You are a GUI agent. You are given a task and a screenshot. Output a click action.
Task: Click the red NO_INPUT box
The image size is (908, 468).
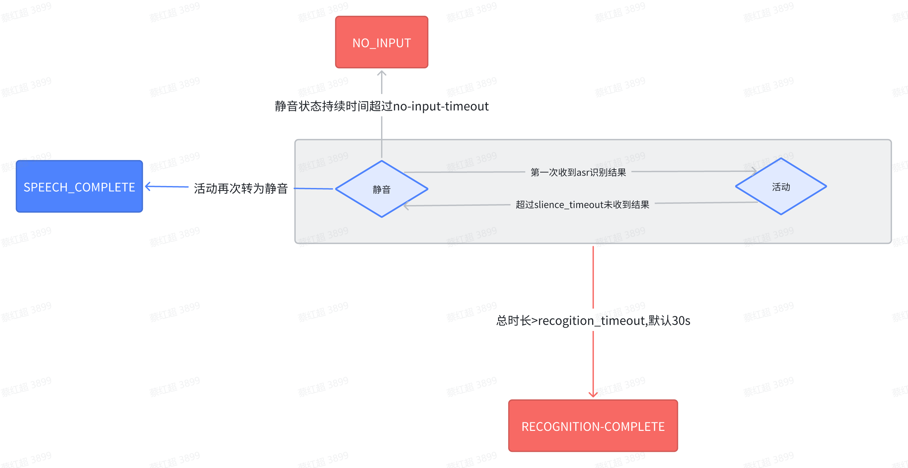(381, 42)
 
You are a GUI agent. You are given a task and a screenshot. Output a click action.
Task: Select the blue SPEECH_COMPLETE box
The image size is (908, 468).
(79, 186)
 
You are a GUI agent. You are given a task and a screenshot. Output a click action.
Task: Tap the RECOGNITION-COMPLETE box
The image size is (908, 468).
(593, 426)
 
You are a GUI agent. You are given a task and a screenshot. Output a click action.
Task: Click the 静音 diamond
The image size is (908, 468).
(381, 189)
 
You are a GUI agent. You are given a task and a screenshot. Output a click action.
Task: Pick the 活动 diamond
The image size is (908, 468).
(781, 186)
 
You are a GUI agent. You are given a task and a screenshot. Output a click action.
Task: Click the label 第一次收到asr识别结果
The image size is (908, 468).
(578, 172)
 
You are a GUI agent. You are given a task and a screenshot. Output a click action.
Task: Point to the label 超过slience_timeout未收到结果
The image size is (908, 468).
(582, 204)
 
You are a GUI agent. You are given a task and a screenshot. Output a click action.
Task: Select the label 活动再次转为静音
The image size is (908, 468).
(241, 188)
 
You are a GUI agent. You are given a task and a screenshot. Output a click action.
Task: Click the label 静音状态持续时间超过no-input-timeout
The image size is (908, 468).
(381, 106)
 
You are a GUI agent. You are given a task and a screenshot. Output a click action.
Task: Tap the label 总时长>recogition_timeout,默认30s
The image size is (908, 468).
(593, 320)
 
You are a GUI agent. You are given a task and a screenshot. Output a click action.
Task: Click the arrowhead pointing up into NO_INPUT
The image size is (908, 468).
(382, 73)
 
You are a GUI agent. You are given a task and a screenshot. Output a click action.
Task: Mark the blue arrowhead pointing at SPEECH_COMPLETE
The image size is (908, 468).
(148, 186)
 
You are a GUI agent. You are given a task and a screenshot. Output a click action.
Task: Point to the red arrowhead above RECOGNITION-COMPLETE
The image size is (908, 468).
(593, 394)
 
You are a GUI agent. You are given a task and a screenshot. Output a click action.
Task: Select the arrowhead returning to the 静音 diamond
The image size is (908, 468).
(406, 205)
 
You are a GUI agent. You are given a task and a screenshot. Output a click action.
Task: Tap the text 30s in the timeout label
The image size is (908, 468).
(681, 320)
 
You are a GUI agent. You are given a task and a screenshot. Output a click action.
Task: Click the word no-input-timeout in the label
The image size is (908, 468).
(441, 106)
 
